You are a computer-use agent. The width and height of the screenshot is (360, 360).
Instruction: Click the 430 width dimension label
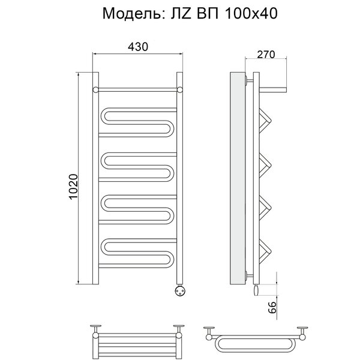click(138, 47)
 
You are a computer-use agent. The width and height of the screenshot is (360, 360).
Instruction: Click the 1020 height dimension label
click(74, 187)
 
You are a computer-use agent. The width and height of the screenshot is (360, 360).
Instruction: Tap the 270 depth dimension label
click(266, 55)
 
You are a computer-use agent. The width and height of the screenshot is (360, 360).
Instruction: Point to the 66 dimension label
click(272, 307)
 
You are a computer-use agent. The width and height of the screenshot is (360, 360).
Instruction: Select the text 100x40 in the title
click(251, 13)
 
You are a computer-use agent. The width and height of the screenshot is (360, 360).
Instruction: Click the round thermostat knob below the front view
click(179, 290)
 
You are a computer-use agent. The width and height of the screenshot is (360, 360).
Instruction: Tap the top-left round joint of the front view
click(95, 90)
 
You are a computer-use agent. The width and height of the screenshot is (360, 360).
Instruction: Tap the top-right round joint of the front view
click(180, 90)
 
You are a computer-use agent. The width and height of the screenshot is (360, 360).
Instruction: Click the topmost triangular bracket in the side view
click(265, 121)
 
